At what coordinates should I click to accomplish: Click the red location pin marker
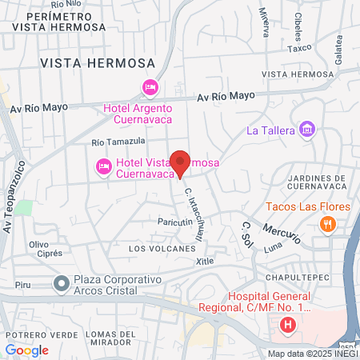point(181,162)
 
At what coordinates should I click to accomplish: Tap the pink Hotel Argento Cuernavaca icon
point(150,86)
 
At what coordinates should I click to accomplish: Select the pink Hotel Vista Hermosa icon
point(102,166)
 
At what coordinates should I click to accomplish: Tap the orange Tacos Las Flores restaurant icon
point(326,225)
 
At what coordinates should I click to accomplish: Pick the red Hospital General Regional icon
point(288,325)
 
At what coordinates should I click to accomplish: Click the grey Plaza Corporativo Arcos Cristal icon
point(61,283)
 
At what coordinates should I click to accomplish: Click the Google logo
point(27,350)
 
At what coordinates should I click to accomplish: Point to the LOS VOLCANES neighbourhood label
point(162,249)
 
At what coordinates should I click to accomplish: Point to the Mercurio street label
point(279,230)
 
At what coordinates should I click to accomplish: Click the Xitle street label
point(205,262)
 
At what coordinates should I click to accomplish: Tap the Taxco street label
point(299,49)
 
